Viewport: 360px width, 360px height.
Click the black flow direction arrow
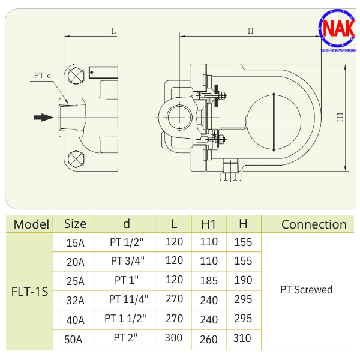(44, 117)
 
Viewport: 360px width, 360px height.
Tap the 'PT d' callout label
(41, 76)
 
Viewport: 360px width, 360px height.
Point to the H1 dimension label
(339, 117)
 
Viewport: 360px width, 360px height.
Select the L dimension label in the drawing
(113, 30)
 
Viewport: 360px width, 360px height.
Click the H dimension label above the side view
(250, 31)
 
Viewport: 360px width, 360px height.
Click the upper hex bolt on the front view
(76, 77)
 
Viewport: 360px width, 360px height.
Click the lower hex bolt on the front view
(76, 158)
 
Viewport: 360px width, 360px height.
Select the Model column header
(31, 224)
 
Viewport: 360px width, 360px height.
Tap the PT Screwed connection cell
(306, 290)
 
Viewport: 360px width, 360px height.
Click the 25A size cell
(76, 281)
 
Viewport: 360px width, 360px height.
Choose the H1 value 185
(208, 280)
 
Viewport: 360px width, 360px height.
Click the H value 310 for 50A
(242, 338)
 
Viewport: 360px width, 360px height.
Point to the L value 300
(173, 338)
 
